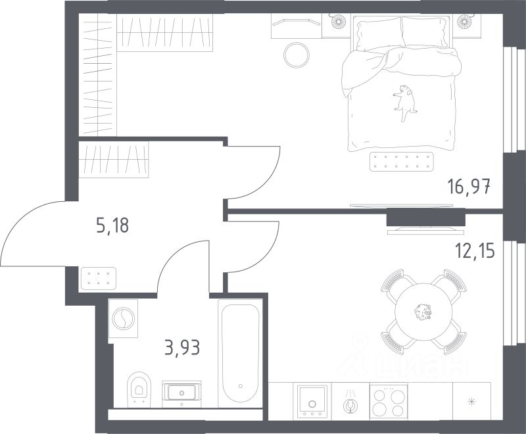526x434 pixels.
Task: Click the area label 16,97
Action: (469, 187)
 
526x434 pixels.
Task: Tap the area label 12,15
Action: (475, 251)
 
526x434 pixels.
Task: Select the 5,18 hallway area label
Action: (112, 225)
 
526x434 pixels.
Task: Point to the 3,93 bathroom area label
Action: (182, 347)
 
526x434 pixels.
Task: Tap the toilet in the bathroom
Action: (139, 388)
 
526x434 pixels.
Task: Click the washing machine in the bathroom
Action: (123, 319)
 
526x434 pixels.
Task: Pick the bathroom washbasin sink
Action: (181, 391)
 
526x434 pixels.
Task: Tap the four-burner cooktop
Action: (389, 401)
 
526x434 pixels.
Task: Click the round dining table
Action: (423, 312)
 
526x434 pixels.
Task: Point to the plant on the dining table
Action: (423, 312)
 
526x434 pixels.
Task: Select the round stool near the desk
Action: (297, 55)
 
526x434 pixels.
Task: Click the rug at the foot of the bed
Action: (402, 162)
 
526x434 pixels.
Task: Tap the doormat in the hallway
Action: (98, 278)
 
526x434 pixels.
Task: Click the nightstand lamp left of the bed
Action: (338, 22)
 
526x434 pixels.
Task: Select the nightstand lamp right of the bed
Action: (464, 22)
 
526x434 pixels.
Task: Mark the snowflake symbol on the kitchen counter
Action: (471, 401)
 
